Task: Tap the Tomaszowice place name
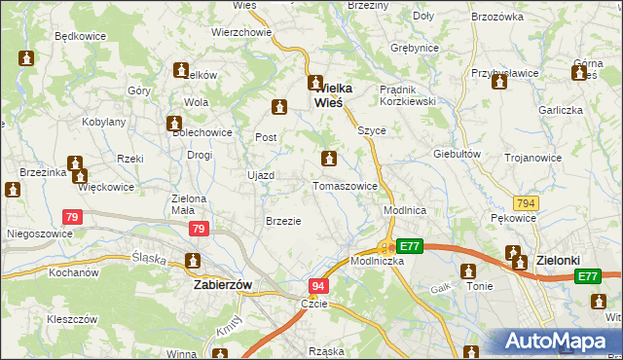point(345,186)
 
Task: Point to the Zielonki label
point(561,261)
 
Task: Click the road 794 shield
point(526,203)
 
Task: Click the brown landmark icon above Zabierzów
point(192,261)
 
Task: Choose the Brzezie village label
point(283,221)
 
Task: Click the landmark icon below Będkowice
point(26,59)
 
